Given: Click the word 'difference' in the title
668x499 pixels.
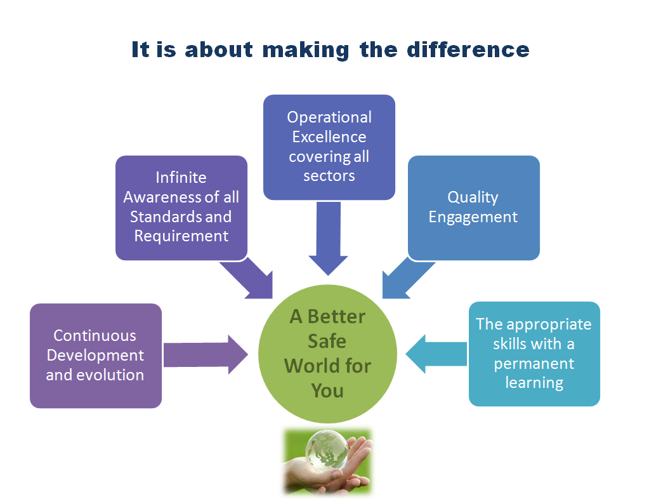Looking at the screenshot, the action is pyautogui.click(x=468, y=50).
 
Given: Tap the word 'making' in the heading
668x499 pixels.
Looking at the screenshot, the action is pyautogui.click(x=306, y=51).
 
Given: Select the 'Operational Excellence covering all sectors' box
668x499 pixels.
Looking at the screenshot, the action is pyautogui.click(x=329, y=147).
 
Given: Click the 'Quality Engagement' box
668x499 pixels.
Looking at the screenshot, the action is pyautogui.click(x=474, y=208).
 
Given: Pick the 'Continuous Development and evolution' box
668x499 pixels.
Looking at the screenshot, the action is pyautogui.click(x=96, y=356).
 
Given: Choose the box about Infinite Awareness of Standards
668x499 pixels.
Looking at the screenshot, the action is pyautogui.click(x=181, y=208).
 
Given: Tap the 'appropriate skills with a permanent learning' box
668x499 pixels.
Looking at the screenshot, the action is pyautogui.click(x=534, y=354).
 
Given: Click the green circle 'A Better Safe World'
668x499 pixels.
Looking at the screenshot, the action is pyautogui.click(x=327, y=354).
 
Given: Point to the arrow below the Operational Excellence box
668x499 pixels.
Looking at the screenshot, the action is pyautogui.click(x=329, y=239).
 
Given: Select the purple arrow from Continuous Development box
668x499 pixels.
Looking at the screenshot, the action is pyautogui.click(x=206, y=354).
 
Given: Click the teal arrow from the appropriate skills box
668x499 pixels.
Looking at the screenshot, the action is pyautogui.click(x=436, y=354).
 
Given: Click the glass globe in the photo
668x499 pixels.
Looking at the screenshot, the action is pyautogui.click(x=327, y=449).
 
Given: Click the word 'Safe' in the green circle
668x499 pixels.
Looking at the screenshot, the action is pyautogui.click(x=327, y=341).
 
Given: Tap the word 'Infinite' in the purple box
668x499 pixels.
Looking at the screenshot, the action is pyautogui.click(x=181, y=177).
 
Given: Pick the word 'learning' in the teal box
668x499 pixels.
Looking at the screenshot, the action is pyautogui.click(x=534, y=383).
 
